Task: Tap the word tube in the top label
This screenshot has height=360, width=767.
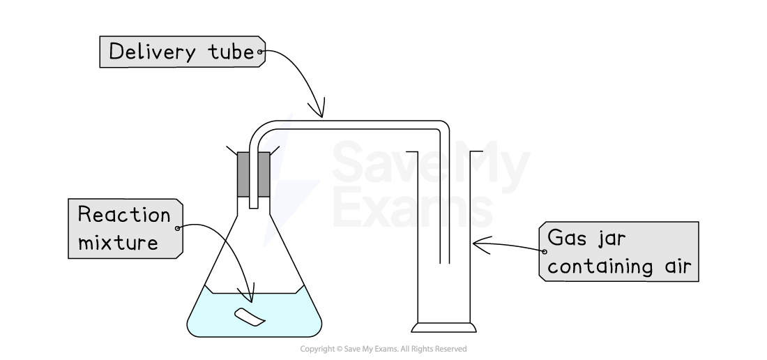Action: pyautogui.click(x=231, y=52)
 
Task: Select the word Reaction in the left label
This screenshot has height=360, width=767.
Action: pyautogui.click(x=124, y=215)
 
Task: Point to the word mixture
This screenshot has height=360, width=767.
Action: pyautogui.click(x=118, y=242)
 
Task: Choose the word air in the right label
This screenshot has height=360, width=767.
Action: pyautogui.click(x=675, y=267)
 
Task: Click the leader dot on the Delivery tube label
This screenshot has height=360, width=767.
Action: pyautogui.click(x=260, y=52)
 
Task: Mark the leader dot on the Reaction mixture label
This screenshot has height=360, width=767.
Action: pyautogui.click(x=179, y=228)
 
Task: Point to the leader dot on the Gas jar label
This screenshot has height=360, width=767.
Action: pyautogui.click(x=544, y=251)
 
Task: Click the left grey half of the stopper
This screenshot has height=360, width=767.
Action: pyautogui.click(x=243, y=174)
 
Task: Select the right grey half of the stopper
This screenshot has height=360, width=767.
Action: pyautogui.click(x=264, y=174)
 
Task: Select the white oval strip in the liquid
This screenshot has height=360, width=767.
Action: pyautogui.click(x=250, y=317)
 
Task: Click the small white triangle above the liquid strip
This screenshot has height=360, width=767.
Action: pyautogui.click(x=248, y=297)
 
